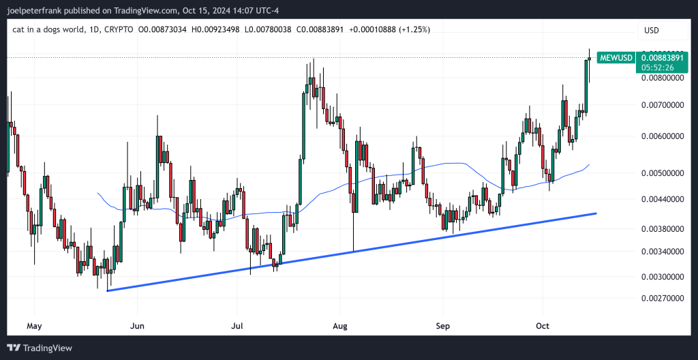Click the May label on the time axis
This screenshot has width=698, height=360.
coord(33,326)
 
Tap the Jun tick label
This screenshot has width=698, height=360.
coord(138,326)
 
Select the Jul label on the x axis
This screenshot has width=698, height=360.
coord(238,326)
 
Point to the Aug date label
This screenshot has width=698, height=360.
coord(339,326)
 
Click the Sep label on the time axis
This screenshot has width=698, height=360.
coord(443,326)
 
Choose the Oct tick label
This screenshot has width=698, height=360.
coord(543,326)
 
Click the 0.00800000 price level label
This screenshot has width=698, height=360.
coord(663,78)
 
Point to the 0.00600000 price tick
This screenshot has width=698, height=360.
coord(663,136)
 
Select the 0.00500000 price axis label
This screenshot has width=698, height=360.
coord(663,173)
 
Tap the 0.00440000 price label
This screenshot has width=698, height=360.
coord(663,199)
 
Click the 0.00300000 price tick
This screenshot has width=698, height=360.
coord(663,277)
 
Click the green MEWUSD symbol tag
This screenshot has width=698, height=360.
coord(616,58)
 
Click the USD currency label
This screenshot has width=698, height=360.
coord(652,30)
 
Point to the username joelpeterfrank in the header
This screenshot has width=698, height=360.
coord(39,10)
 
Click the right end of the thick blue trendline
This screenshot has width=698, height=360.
coord(596,213)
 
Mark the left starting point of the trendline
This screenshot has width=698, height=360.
coord(108,291)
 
